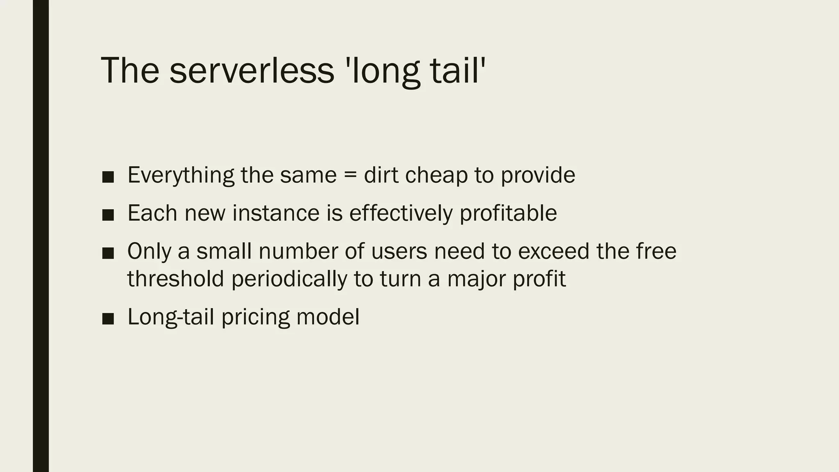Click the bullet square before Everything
(108, 177)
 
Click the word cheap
(436, 175)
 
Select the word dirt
(381, 175)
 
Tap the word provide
(538, 175)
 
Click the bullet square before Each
(108, 215)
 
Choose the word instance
(276, 213)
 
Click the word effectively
(401, 213)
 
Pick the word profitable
(508, 213)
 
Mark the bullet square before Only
(108, 253)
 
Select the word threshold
(176, 279)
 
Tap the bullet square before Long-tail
(108, 318)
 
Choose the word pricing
(255, 317)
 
